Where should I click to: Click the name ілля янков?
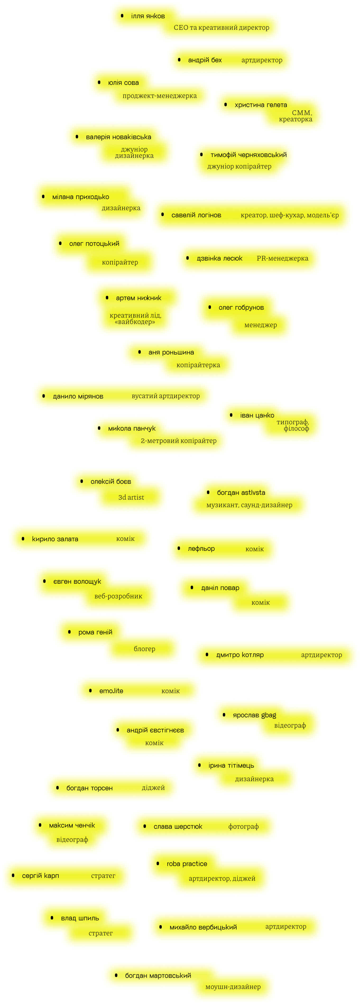click(148, 16)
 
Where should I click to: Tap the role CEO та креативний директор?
click(221, 28)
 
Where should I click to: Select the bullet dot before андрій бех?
click(179, 60)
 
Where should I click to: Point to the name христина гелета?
click(261, 105)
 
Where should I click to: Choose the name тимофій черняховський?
click(248, 155)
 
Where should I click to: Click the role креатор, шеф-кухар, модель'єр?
click(289, 215)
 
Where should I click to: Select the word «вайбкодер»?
click(135, 322)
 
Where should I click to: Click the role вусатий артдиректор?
click(165, 396)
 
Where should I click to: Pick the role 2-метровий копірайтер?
click(178, 441)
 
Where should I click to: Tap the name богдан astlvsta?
click(241, 493)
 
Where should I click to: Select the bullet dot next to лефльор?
click(179, 548)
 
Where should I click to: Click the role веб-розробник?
click(118, 596)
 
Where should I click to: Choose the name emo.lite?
click(111, 691)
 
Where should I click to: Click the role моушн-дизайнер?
click(233, 987)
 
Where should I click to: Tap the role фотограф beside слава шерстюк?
click(243, 826)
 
